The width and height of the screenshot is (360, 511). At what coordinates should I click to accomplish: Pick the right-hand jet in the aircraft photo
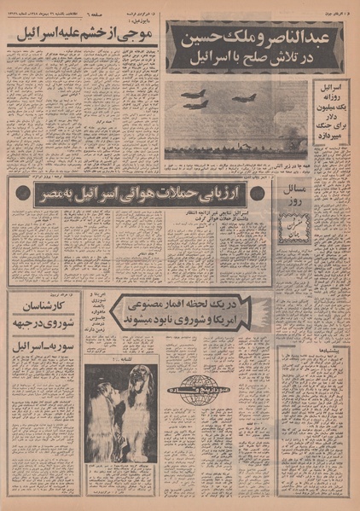point(245,98)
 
